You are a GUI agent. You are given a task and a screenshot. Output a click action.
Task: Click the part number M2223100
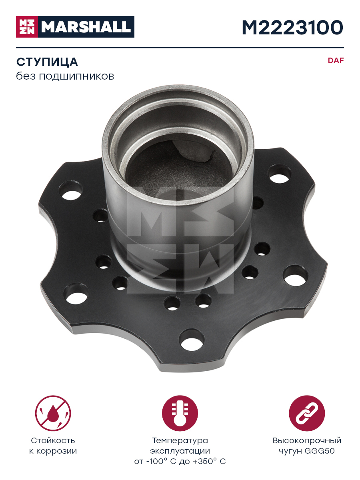point(292,28)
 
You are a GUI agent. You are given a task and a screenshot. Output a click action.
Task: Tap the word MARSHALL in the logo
point(86,27)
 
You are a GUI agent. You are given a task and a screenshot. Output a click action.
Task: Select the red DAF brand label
point(336,60)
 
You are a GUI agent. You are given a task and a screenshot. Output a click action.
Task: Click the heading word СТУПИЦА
point(47,62)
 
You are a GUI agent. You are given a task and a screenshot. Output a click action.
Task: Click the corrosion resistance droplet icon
point(53,413)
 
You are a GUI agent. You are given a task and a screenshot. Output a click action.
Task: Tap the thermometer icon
point(180,413)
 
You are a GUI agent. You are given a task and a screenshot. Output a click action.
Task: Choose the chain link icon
point(307,413)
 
